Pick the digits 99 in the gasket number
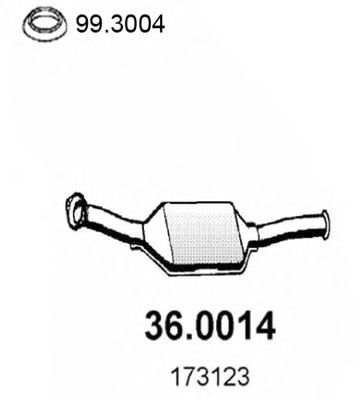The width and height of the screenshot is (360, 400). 73,19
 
